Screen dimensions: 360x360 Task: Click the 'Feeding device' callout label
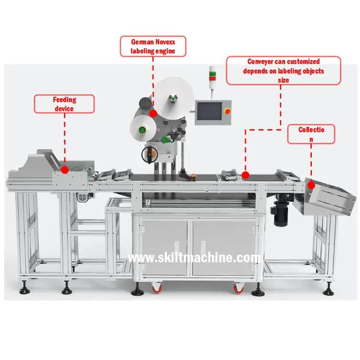tap(64, 104)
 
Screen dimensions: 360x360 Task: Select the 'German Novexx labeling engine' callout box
tap(153, 46)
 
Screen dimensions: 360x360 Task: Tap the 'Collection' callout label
tap(311, 134)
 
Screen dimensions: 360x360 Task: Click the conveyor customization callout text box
tap(283, 71)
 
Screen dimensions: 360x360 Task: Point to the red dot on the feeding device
tap(64, 169)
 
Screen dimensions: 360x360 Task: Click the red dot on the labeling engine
tap(153, 113)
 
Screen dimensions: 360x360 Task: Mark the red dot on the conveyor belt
tap(245, 175)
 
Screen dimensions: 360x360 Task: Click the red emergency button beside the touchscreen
tap(227, 111)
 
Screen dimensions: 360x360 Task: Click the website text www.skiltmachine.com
tap(195, 258)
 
